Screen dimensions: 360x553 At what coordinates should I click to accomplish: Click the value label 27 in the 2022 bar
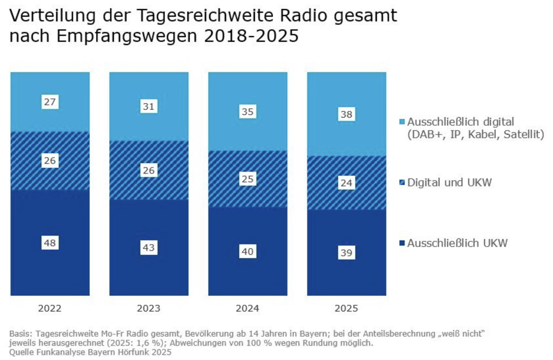click(x=50, y=102)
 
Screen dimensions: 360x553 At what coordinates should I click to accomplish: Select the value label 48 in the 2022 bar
click(x=50, y=243)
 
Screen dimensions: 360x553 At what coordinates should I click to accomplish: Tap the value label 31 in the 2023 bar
click(x=149, y=106)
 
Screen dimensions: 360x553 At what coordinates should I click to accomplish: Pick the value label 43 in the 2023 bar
click(x=149, y=248)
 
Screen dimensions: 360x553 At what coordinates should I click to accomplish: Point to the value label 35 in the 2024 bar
click(x=247, y=112)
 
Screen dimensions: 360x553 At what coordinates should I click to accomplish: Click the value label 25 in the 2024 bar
click(x=247, y=179)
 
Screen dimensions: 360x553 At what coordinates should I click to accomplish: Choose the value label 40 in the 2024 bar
click(x=247, y=252)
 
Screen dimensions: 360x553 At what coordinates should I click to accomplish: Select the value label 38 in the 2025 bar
click(x=346, y=114)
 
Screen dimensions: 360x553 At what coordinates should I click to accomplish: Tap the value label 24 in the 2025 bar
click(x=346, y=183)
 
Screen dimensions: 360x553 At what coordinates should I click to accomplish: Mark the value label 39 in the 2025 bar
click(x=346, y=253)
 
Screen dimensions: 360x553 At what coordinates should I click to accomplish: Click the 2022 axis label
click(x=50, y=308)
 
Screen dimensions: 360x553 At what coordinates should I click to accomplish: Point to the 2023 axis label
click(x=149, y=308)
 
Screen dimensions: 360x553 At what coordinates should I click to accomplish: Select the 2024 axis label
click(x=247, y=308)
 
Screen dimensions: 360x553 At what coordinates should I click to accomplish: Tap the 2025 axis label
click(x=346, y=308)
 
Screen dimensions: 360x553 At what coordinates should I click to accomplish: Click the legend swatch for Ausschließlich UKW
click(x=402, y=243)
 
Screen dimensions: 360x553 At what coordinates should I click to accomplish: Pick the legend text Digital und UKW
click(x=449, y=182)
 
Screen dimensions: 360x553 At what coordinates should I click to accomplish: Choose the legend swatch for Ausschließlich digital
click(x=402, y=122)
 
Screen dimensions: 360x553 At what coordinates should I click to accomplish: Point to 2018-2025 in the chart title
click(x=251, y=36)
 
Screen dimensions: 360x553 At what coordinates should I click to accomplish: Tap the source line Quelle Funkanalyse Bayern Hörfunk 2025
click(x=90, y=352)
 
